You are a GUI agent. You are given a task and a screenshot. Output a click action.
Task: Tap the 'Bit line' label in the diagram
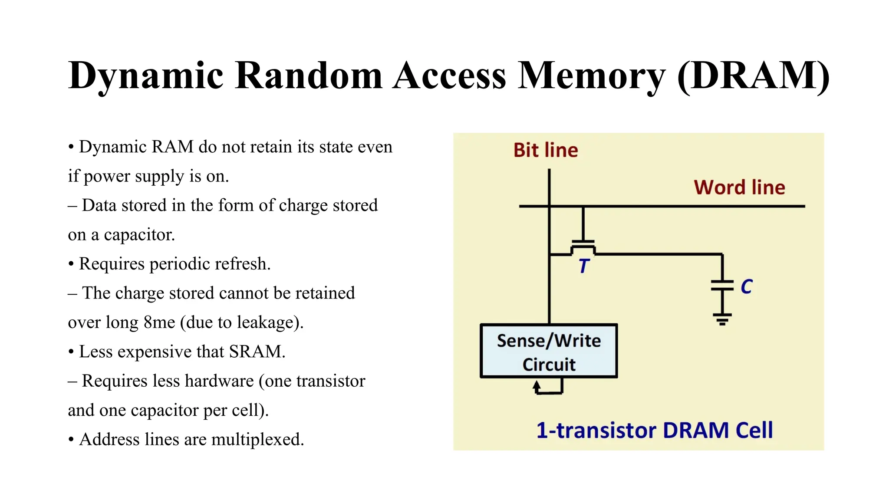click(545, 150)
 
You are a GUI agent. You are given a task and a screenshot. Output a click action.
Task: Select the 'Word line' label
click(739, 187)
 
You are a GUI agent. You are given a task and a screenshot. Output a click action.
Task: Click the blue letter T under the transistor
click(584, 266)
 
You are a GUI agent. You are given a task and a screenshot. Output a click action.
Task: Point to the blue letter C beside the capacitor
click(746, 287)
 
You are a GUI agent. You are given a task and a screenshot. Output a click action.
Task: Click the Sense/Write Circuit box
click(549, 351)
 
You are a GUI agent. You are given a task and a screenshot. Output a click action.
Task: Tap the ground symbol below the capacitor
click(722, 319)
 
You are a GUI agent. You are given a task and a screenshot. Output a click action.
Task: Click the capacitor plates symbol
click(722, 285)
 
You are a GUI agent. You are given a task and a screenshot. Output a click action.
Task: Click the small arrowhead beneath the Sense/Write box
click(537, 385)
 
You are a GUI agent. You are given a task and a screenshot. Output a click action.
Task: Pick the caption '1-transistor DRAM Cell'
click(655, 431)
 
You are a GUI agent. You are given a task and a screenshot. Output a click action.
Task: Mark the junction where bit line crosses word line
click(549, 206)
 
